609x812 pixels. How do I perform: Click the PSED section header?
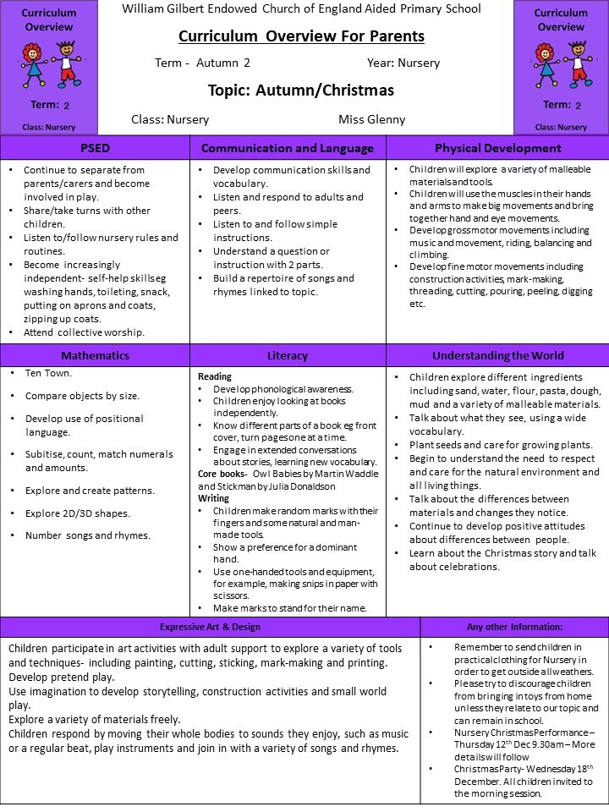[x=95, y=148]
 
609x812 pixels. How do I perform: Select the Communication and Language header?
[x=288, y=148]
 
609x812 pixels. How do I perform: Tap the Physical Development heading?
[x=497, y=148]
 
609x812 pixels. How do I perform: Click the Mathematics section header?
[x=95, y=356]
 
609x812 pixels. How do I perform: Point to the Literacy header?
[x=288, y=356]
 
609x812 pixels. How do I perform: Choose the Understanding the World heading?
[x=497, y=356]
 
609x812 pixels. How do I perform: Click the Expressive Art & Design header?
[x=211, y=627]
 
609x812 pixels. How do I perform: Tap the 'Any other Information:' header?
[x=514, y=627]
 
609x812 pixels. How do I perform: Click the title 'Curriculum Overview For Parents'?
[x=302, y=36]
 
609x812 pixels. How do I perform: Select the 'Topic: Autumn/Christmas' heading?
[x=300, y=90]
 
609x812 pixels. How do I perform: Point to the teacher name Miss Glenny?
[x=371, y=119]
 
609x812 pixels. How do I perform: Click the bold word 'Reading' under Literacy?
[x=215, y=376]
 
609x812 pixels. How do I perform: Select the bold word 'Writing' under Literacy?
[x=214, y=498]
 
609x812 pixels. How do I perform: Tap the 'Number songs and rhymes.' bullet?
[x=88, y=535]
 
